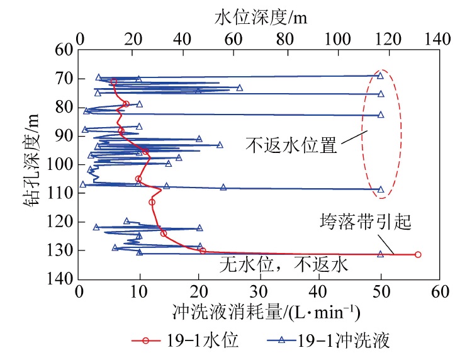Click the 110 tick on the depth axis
64,193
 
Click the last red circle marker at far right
417,254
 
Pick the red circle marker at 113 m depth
152,202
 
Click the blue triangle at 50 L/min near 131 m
380,254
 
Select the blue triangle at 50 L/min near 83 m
381,115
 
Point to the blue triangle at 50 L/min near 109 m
381,189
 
